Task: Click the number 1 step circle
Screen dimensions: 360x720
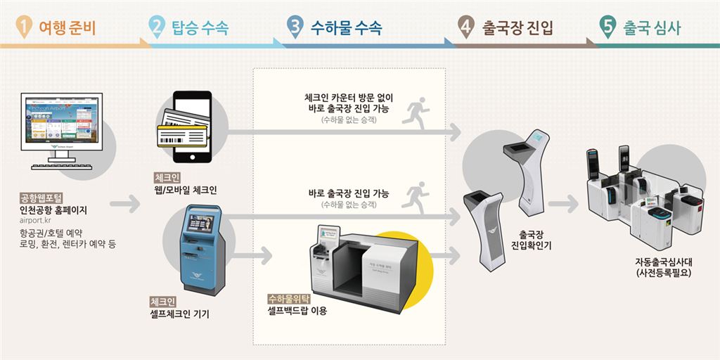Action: [x=25, y=27]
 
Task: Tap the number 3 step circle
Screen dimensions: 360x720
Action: [x=295, y=27]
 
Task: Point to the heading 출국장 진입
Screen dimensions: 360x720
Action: [x=517, y=28]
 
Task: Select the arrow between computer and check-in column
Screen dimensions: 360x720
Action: [x=125, y=205]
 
